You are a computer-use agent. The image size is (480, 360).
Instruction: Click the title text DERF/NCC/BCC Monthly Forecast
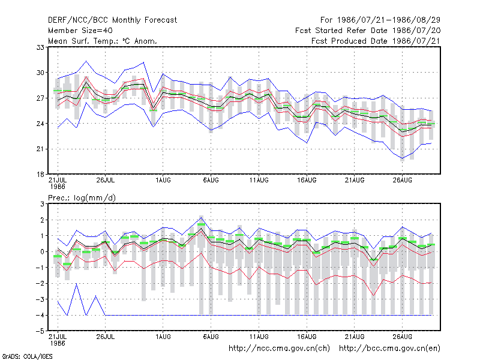[112, 20]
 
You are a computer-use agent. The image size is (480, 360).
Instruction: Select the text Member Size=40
[80, 31]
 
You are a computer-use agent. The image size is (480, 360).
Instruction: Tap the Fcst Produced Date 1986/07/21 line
[376, 41]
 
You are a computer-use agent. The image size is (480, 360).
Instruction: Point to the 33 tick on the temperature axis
[41, 47]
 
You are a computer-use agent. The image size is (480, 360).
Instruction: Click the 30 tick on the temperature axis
[41, 73]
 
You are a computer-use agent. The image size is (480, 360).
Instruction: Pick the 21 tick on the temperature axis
[41, 149]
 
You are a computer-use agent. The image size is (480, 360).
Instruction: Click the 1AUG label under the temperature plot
[163, 180]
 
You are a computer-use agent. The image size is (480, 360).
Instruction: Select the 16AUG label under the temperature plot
[307, 180]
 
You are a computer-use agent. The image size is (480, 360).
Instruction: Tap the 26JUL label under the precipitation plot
[106, 337]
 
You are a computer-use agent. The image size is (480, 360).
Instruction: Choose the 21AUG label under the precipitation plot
[355, 337]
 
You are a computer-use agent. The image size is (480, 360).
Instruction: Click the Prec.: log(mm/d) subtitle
[82, 198]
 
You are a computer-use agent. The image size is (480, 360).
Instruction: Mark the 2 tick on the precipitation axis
[42, 220]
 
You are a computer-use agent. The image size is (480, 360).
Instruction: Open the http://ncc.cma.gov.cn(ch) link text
[279, 349]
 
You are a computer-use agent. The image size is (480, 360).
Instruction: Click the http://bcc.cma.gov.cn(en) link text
[389, 349]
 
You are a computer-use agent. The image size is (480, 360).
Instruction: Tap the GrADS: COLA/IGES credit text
[27, 356]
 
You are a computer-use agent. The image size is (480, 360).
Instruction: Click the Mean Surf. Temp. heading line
[102, 41]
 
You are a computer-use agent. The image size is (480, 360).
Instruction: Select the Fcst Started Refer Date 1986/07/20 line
[368, 31]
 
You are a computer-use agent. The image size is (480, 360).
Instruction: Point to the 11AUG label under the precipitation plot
[259, 337]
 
